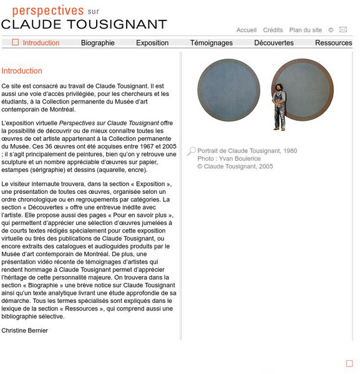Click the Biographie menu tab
[98, 43]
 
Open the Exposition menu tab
[152, 43]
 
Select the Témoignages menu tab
[211, 43]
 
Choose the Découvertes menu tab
[273, 43]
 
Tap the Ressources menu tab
[333, 43]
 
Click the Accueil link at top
[246, 30]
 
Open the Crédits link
[273, 30]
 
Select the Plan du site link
[306, 30]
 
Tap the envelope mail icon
[343, 29]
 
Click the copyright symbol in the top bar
[331, 30]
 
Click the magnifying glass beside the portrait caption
[192, 151]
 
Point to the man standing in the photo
[280, 106]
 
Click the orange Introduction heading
[22, 71]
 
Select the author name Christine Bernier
[25, 330]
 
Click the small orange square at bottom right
[349, 363]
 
